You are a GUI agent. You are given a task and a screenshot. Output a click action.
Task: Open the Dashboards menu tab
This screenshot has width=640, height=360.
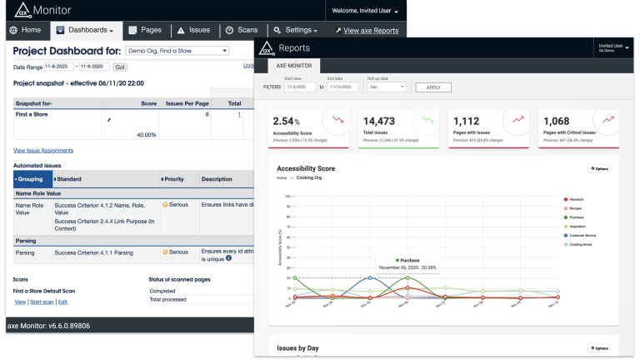[87, 30]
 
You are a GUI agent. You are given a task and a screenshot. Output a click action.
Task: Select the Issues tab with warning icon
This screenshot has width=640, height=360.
[192, 30]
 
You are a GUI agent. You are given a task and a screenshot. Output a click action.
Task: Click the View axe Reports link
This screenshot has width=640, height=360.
[366, 31]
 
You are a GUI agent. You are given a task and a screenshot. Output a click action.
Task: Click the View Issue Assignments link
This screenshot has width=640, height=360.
[42, 150]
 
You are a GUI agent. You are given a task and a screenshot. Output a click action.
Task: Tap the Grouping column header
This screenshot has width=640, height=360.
[32, 179]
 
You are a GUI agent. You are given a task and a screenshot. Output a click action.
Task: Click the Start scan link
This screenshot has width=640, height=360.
[42, 301]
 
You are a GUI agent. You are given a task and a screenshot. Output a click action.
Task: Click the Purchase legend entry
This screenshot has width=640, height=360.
[581, 217]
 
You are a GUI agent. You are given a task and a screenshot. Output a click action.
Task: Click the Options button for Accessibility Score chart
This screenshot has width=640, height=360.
[599, 169]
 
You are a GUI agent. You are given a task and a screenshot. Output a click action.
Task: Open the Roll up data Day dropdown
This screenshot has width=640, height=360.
[387, 87]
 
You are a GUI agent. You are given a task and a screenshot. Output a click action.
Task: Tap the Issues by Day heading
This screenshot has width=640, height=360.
[297, 347]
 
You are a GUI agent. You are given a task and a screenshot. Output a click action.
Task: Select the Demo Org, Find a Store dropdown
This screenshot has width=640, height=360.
[176, 51]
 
